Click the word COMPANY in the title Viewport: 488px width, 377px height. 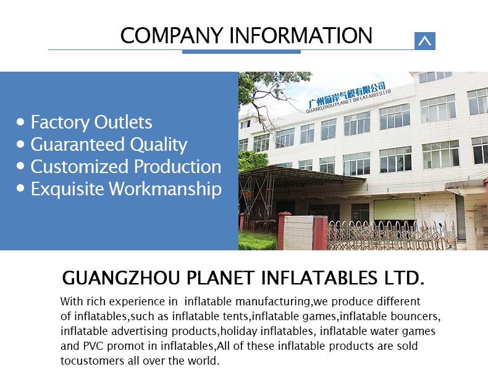(172, 35)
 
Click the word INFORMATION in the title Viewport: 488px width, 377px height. (301, 35)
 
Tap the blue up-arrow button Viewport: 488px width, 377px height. (425, 41)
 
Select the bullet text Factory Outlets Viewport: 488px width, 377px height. (91, 122)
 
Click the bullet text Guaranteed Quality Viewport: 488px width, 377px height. (109, 145)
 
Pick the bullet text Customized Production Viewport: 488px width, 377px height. (126, 166)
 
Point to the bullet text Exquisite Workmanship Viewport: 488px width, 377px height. (126, 189)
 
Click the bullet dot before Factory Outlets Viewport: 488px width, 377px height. (20, 122)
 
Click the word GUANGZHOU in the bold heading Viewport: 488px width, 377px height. (121, 277)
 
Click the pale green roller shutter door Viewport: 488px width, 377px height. (395, 209)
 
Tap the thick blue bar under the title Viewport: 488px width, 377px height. (242, 52)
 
